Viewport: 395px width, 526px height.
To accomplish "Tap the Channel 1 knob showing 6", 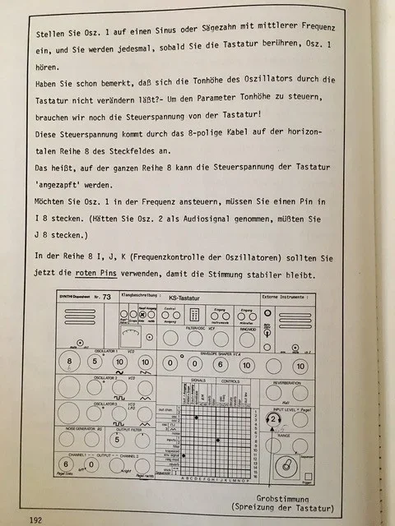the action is click(64, 463).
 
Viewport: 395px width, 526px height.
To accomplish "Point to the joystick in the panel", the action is click(290, 468).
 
